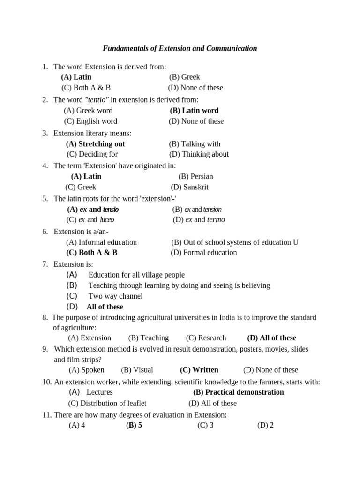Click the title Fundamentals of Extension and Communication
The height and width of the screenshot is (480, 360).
point(180,48)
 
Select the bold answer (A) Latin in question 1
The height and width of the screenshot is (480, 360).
point(76,77)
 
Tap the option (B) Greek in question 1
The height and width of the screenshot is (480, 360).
point(185,77)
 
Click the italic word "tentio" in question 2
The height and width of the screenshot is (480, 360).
point(97,99)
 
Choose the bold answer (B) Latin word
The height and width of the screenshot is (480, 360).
point(194,111)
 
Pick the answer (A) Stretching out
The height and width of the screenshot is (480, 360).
point(95,144)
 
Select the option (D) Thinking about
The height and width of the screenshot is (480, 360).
point(199,154)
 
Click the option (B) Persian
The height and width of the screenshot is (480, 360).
point(195,176)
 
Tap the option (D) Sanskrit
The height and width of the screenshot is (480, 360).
point(189,187)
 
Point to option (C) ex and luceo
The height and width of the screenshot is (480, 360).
point(90,219)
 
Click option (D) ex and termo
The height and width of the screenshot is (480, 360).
point(199,219)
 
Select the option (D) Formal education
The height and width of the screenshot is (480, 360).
point(204,252)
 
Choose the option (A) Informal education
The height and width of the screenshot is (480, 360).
point(101,242)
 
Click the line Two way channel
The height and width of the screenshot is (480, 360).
point(115,296)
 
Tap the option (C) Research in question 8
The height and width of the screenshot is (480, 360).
point(206,337)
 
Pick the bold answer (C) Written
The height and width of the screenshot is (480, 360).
point(199,370)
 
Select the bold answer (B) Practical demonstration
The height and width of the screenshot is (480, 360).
point(239,392)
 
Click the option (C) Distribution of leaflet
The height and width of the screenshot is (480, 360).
point(107,403)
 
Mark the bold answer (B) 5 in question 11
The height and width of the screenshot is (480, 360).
point(134,426)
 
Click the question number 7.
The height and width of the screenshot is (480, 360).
point(45,264)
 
